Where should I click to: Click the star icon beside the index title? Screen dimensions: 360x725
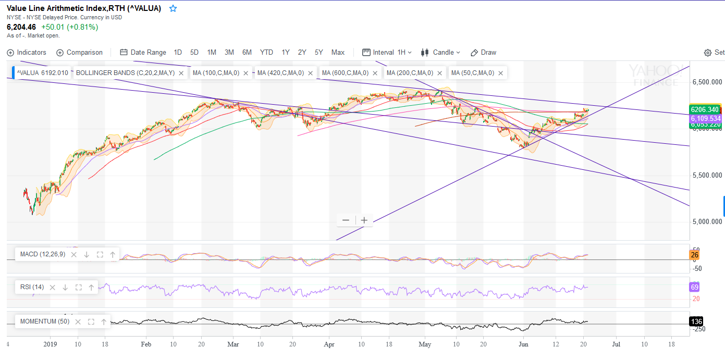point(173,8)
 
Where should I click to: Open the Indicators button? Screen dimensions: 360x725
point(27,52)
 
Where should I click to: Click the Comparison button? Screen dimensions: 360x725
point(79,52)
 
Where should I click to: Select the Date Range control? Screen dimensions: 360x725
point(143,52)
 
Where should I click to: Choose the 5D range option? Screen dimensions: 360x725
point(194,52)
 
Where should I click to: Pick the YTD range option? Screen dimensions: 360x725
point(266,52)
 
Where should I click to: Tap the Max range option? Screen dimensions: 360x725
point(338,52)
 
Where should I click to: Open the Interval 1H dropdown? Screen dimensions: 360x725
point(387,52)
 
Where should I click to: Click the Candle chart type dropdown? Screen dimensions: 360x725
point(440,52)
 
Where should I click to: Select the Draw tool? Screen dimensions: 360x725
point(483,52)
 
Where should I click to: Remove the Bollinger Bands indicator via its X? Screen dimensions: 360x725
point(181,73)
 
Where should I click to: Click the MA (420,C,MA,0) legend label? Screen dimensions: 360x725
point(280,73)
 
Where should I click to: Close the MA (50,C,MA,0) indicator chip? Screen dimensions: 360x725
point(500,73)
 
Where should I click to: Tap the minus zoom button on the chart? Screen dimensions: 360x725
point(346,220)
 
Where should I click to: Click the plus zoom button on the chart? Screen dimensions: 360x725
point(364,220)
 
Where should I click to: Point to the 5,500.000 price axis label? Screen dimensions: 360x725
point(707,176)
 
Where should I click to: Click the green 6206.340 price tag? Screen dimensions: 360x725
point(705,109)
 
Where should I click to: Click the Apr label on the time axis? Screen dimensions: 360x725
point(329,344)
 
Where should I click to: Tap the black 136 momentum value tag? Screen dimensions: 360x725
point(696,321)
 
